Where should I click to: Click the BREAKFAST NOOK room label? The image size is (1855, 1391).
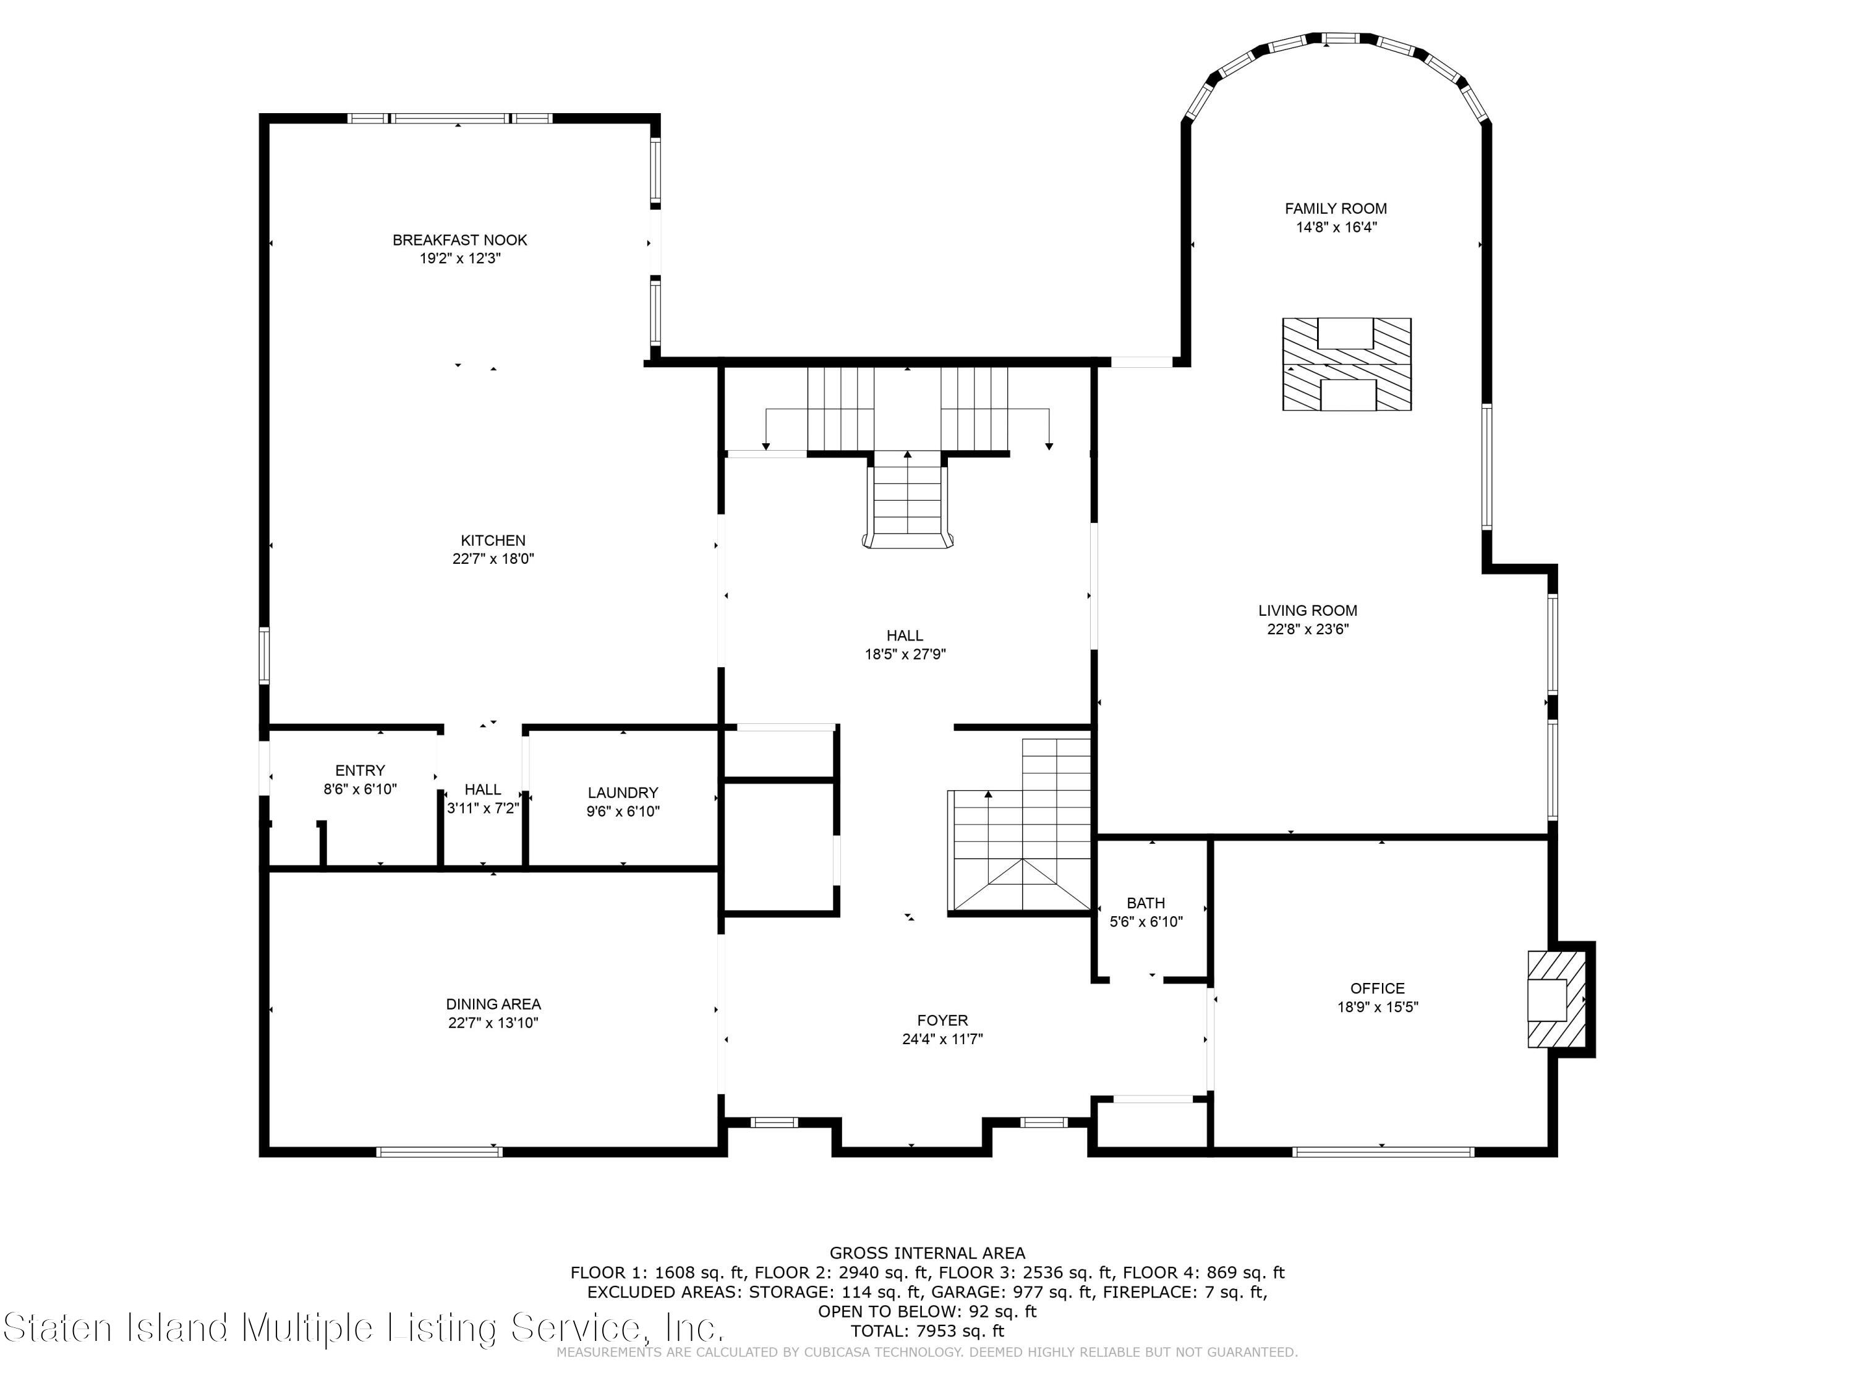coord(459,240)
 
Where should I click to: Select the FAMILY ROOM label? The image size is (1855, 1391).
coord(1336,209)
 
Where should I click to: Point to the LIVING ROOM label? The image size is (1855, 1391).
coord(1307,611)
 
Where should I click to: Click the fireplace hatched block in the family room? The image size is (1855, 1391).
coord(1347,365)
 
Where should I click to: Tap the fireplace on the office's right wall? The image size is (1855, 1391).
coord(1558,998)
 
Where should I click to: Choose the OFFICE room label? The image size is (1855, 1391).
coord(1377,989)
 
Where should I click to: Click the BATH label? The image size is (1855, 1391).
coord(1146,903)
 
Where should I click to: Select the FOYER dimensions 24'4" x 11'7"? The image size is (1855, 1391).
coord(942,1039)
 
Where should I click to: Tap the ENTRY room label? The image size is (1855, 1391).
coord(360,770)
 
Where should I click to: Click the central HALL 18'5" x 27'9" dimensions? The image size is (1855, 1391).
coord(906,655)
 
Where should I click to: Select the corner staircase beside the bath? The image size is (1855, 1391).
coord(1021,825)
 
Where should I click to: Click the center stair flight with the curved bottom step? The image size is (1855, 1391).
coord(908,501)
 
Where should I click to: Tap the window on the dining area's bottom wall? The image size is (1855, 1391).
coord(440,1152)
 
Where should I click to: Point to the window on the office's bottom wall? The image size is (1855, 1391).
coord(1383,1152)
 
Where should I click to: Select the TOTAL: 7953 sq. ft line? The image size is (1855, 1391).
coord(927,1330)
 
